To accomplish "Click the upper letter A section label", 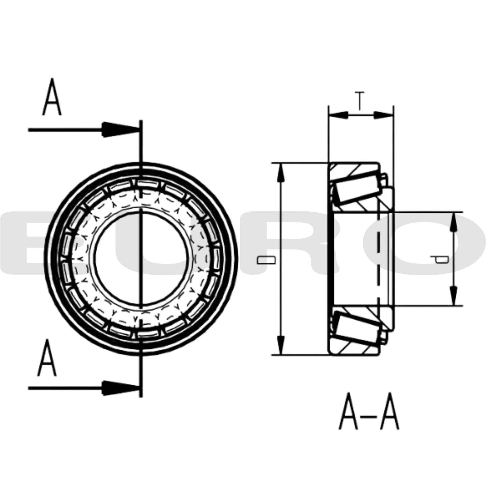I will (52, 97).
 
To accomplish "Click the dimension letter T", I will (360, 101).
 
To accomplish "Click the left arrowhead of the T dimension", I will (338, 115).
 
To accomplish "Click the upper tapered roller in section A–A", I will (357, 187).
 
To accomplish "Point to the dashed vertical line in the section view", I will (378, 259).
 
